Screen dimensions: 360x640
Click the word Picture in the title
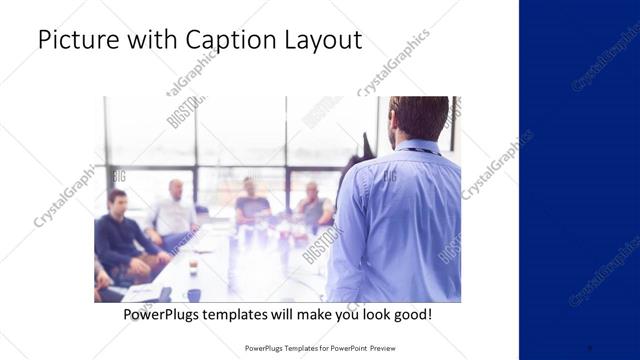click(72, 41)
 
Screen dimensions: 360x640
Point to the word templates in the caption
click(254, 314)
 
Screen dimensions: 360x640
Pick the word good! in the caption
click(411, 314)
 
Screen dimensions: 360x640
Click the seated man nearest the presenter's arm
click(314, 206)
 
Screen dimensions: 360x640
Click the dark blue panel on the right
click(579, 180)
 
